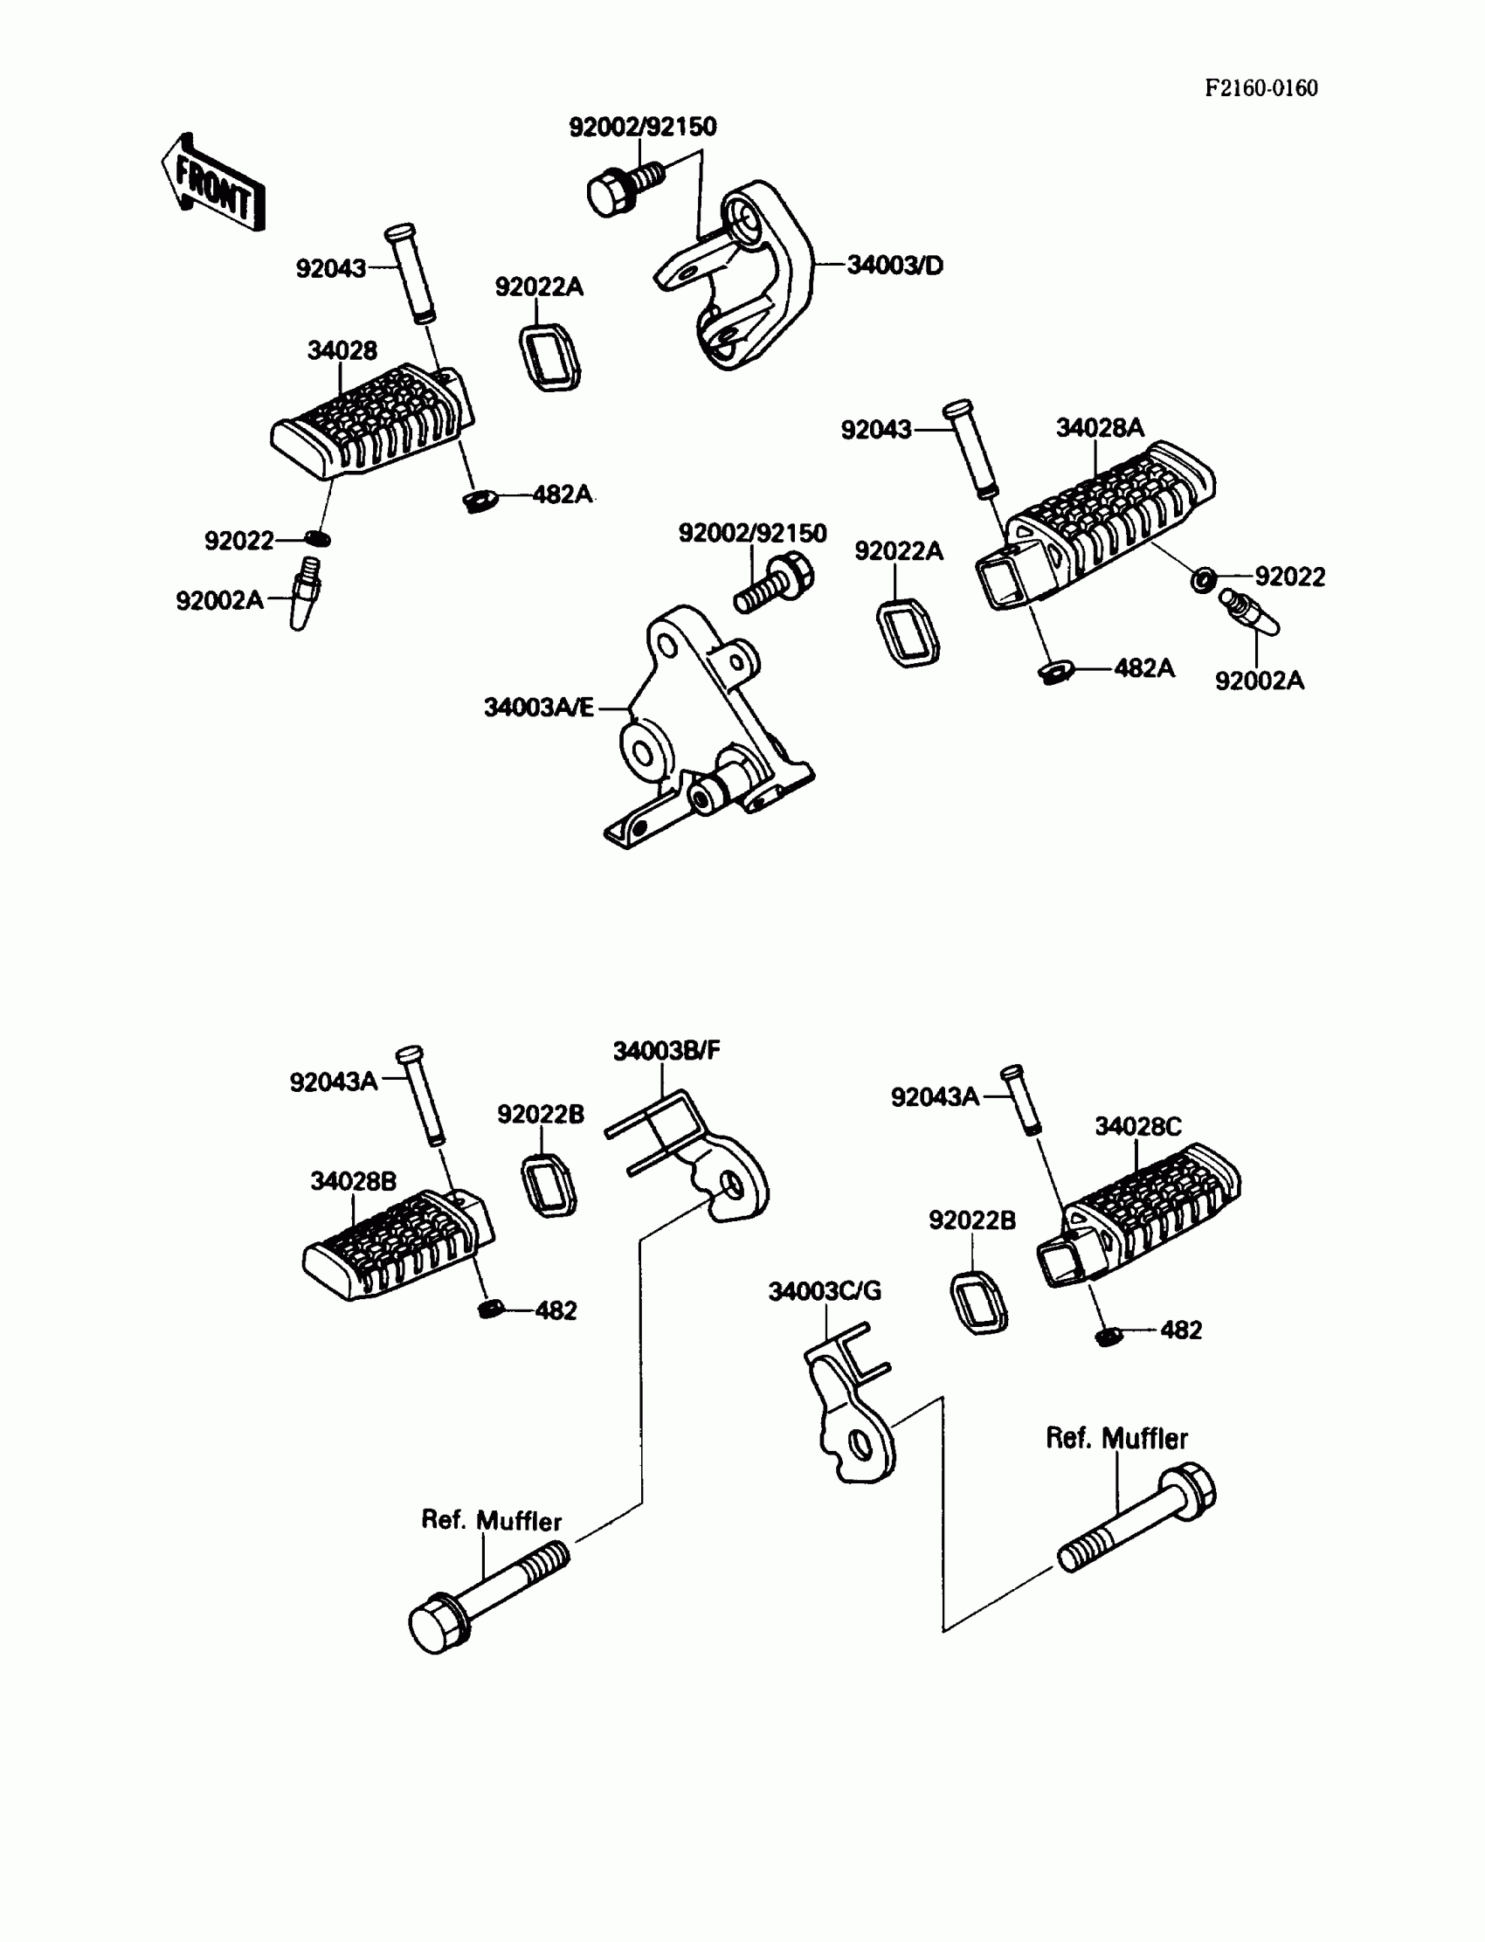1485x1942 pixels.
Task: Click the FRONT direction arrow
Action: [213, 183]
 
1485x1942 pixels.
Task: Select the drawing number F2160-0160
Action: [1261, 88]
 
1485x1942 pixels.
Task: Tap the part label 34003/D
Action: [894, 266]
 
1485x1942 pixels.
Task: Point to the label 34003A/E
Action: [538, 707]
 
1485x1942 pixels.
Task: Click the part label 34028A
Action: [1100, 429]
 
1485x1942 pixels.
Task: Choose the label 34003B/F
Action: [667, 1050]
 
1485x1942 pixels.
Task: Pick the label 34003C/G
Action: [825, 1291]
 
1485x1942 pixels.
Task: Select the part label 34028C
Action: [1137, 1126]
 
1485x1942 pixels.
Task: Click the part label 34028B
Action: [353, 1181]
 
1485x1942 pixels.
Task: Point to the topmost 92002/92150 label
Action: [643, 128]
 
